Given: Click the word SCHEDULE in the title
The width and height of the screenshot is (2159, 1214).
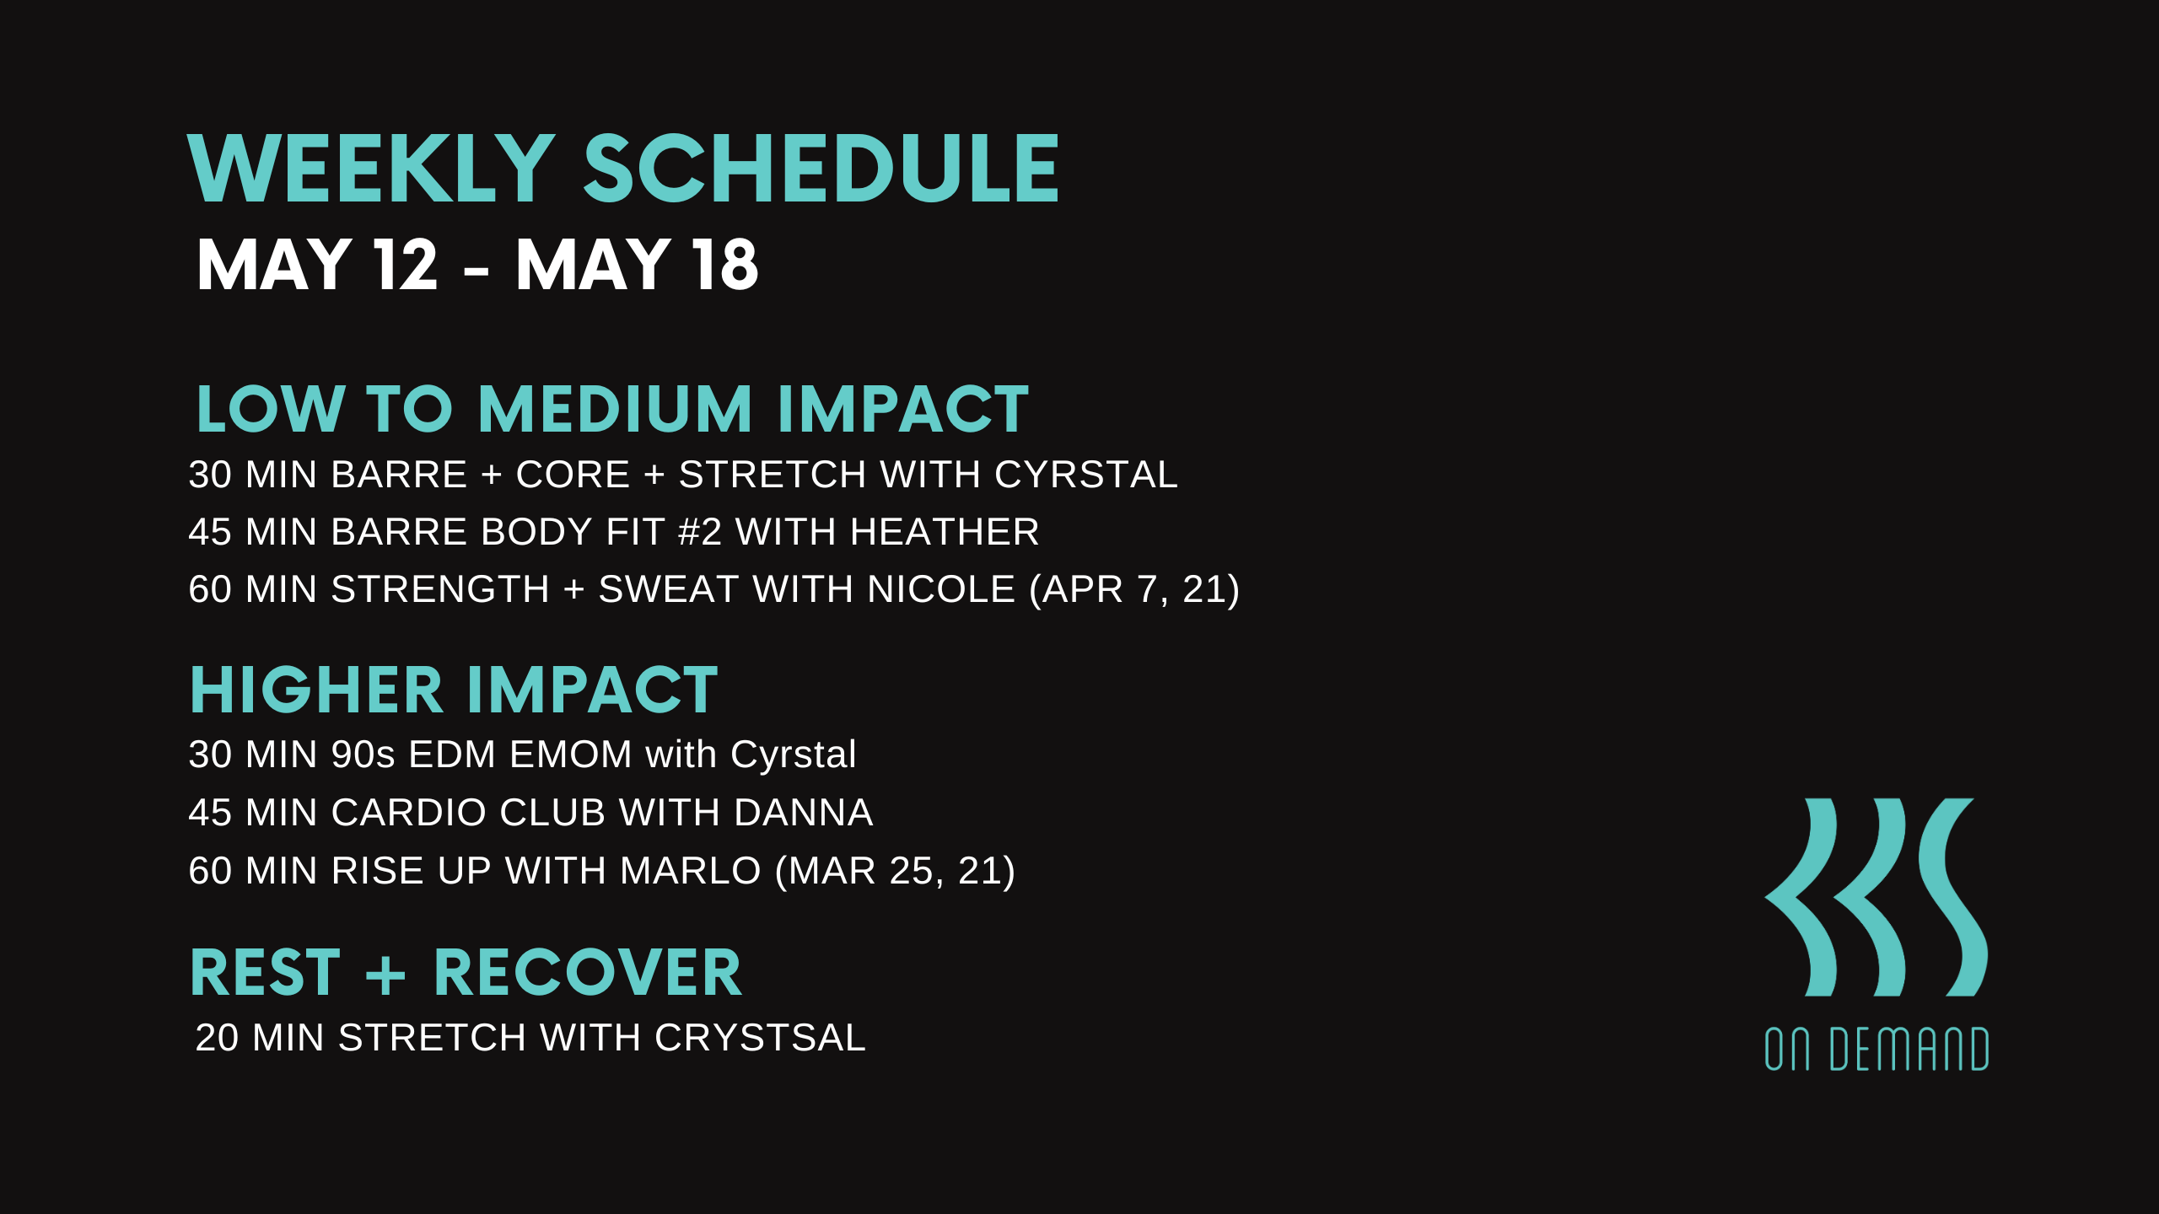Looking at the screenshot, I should point(821,169).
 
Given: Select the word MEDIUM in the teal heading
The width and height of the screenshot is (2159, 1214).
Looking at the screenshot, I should point(615,410).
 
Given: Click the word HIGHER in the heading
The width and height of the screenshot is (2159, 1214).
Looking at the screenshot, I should point(316,690).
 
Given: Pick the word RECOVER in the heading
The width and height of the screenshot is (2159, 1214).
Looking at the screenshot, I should point(588,973).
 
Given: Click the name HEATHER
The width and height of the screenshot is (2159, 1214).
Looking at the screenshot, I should point(945,532).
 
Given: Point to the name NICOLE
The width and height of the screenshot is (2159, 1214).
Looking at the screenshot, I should point(941,589).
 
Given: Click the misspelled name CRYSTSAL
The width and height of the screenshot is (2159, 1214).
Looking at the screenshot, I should point(760,1038).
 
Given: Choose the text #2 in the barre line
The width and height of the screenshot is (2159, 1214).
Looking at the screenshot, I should point(700,532).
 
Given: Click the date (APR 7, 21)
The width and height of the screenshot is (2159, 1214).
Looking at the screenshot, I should point(1134,589).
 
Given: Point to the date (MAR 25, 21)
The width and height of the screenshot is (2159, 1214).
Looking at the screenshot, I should point(895,871).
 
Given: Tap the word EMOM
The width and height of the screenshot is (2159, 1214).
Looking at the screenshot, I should point(571,755).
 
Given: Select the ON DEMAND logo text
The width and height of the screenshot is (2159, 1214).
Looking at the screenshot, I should point(1876,1050).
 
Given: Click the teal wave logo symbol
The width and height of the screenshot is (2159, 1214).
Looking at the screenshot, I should point(1876,897).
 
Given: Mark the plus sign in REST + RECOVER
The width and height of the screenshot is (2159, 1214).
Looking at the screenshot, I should point(386,975).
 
